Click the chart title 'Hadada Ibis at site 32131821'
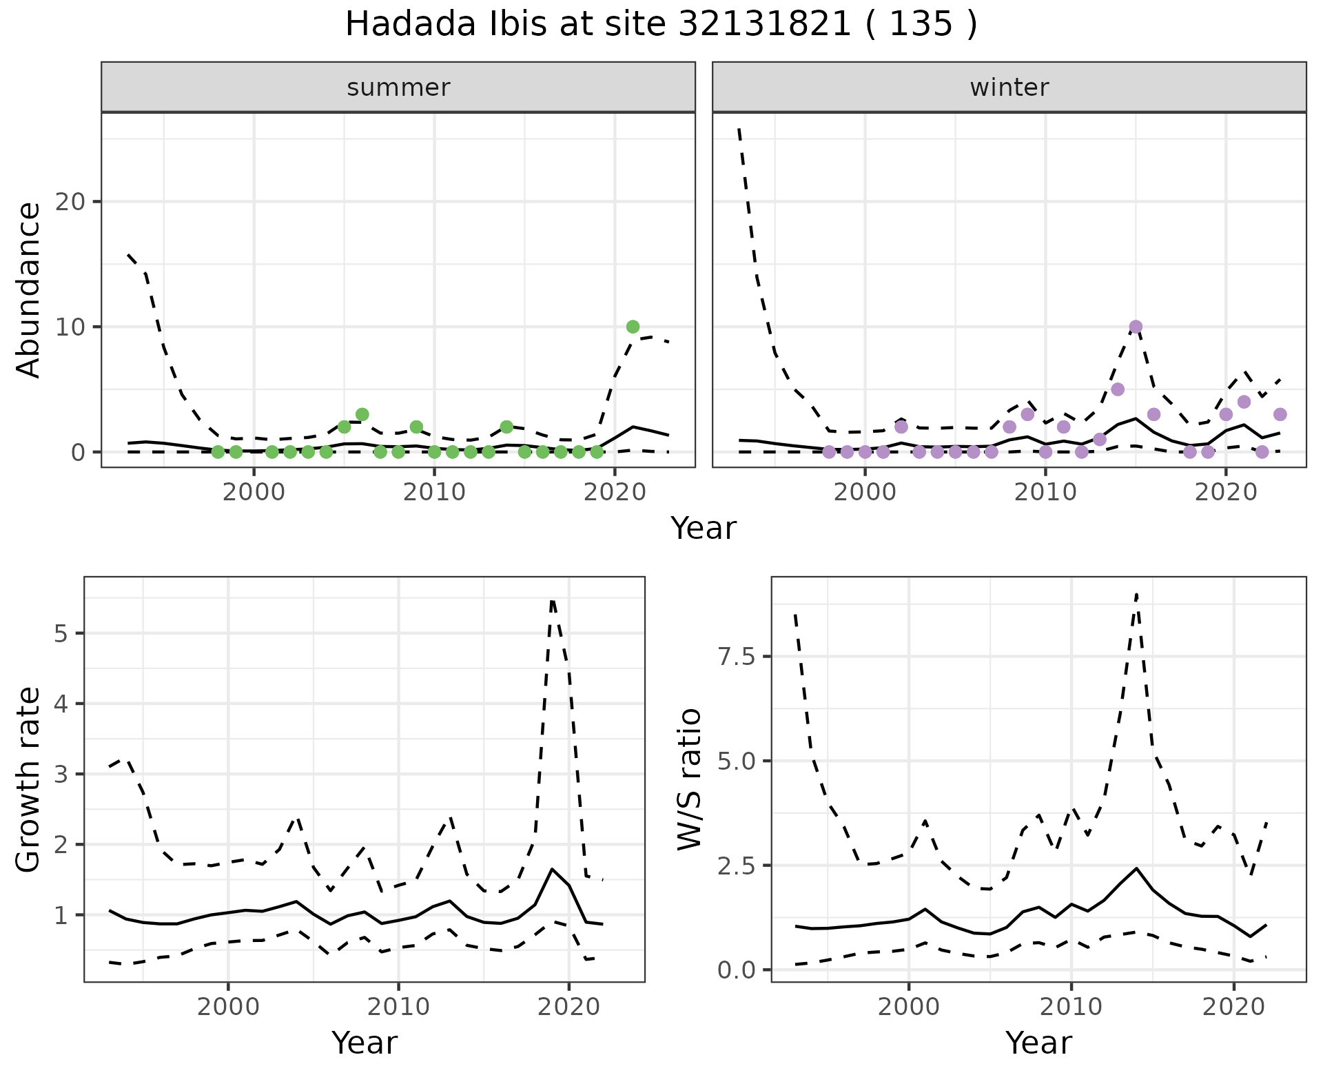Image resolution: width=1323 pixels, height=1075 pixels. tap(660, 25)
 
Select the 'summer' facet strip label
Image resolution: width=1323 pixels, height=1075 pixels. tap(398, 88)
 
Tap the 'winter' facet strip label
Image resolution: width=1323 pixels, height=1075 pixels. tap(1009, 88)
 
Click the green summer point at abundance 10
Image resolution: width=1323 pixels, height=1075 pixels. tap(633, 327)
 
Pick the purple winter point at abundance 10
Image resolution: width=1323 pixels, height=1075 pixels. tap(1136, 327)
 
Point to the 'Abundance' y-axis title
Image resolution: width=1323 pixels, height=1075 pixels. tap(29, 289)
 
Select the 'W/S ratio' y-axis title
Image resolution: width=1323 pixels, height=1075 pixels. tap(689, 779)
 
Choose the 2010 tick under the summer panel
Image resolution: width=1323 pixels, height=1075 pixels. tap(434, 492)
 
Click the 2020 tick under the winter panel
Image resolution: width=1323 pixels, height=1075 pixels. tap(1226, 492)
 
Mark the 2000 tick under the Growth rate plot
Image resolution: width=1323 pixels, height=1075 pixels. tap(228, 1007)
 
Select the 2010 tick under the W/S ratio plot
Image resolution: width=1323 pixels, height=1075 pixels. tap(1071, 1007)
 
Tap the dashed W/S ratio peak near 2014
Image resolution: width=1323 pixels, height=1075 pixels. tap(1136, 594)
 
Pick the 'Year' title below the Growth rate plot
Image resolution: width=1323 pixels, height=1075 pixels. tap(365, 1043)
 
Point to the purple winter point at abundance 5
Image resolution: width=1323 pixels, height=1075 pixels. tap(1118, 389)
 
